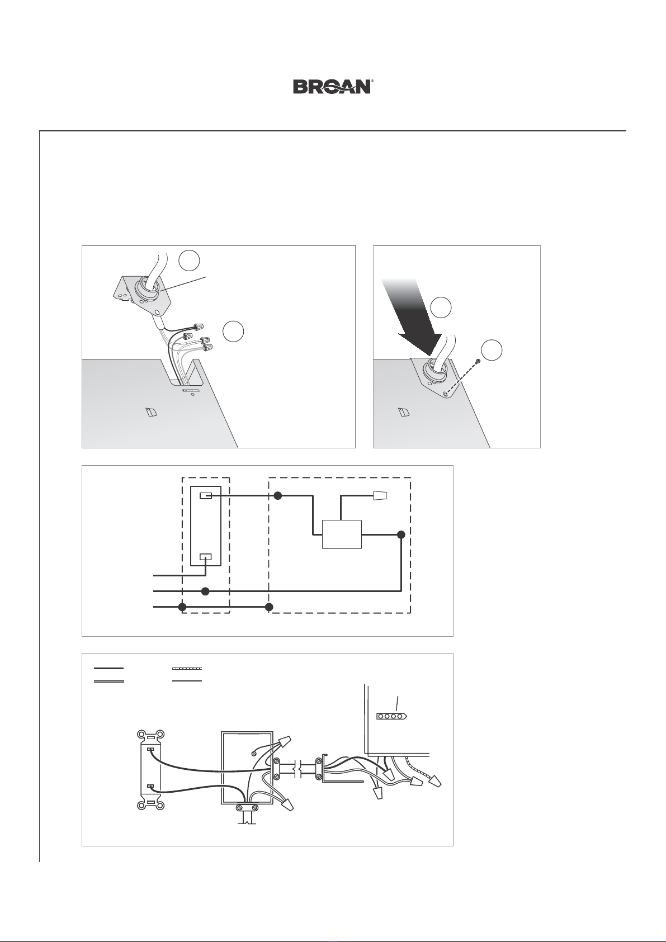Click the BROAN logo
(332, 87)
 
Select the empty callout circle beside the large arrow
(441, 307)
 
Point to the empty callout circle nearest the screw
(492, 350)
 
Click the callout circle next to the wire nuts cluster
(233, 331)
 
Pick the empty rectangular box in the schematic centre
(342, 534)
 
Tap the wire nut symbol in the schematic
(380, 496)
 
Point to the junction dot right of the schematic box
(401, 534)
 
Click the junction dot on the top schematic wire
(277, 496)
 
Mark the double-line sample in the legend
(108, 681)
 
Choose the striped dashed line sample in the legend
(187, 668)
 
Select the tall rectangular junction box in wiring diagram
(247, 768)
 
